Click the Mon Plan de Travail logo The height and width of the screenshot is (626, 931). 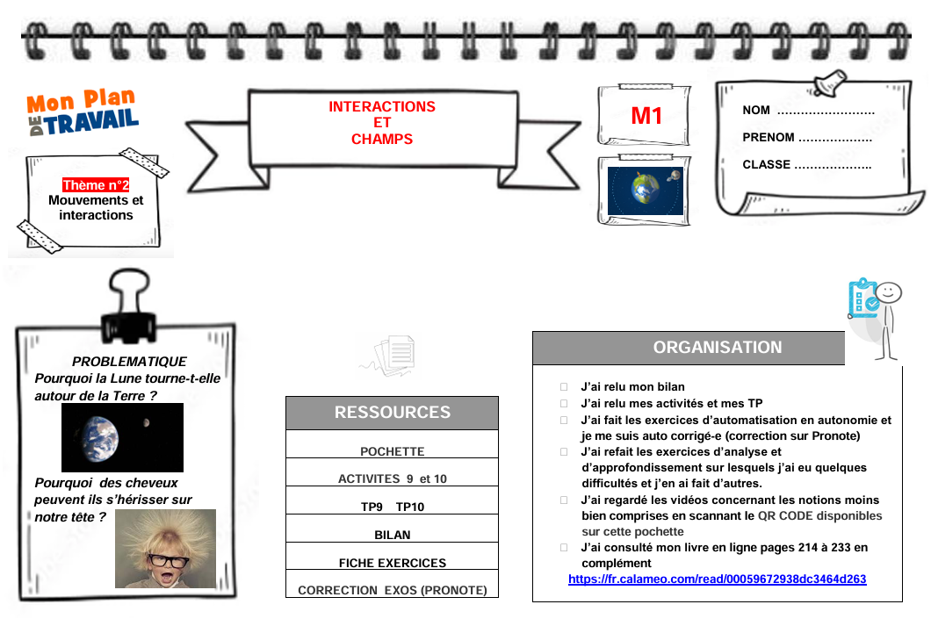83,114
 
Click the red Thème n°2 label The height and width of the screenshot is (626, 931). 96,185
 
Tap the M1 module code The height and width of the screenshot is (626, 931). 646,116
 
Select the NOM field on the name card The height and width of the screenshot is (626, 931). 808,111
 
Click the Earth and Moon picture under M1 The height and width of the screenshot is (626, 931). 646,191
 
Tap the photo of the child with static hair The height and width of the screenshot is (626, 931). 165,549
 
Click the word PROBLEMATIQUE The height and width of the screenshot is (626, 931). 129,362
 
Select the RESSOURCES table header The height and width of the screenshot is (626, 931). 392,413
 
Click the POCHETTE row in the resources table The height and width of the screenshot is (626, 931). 392,451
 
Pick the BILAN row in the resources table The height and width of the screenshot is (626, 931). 392,535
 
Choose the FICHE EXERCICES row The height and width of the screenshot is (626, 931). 392,563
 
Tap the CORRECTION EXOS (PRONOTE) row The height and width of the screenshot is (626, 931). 392,591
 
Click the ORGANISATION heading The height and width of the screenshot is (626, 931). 717,348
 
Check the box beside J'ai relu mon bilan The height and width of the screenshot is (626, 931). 564,387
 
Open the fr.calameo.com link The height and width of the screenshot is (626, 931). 717,579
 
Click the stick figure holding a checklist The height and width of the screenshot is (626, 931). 875,316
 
